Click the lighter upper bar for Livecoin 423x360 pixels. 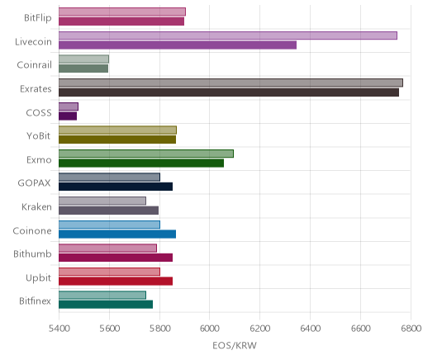pos(228,36)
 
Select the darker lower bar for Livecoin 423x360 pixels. pos(178,45)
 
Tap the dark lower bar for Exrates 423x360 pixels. pos(229,92)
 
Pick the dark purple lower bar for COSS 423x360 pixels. pos(68,116)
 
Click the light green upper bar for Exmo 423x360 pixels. pos(146,154)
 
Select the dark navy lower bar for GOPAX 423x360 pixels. pos(116,187)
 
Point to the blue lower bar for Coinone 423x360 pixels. pos(117,234)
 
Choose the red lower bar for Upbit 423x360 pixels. pos(116,282)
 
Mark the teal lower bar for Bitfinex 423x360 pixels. pos(106,305)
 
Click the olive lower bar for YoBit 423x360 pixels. pos(117,140)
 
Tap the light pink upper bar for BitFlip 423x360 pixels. pos(122,12)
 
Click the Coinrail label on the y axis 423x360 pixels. pos(34,65)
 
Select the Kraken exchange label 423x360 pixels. pos(36,206)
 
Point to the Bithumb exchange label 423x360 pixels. pos(32,253)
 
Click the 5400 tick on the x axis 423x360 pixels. pos(59,329)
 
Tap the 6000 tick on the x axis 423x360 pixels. pos(209,329)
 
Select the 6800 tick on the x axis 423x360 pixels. pos(411,329)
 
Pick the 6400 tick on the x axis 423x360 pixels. pos(310,329)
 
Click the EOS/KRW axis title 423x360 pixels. pos(235,345)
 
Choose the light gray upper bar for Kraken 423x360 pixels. pos(102,201)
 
